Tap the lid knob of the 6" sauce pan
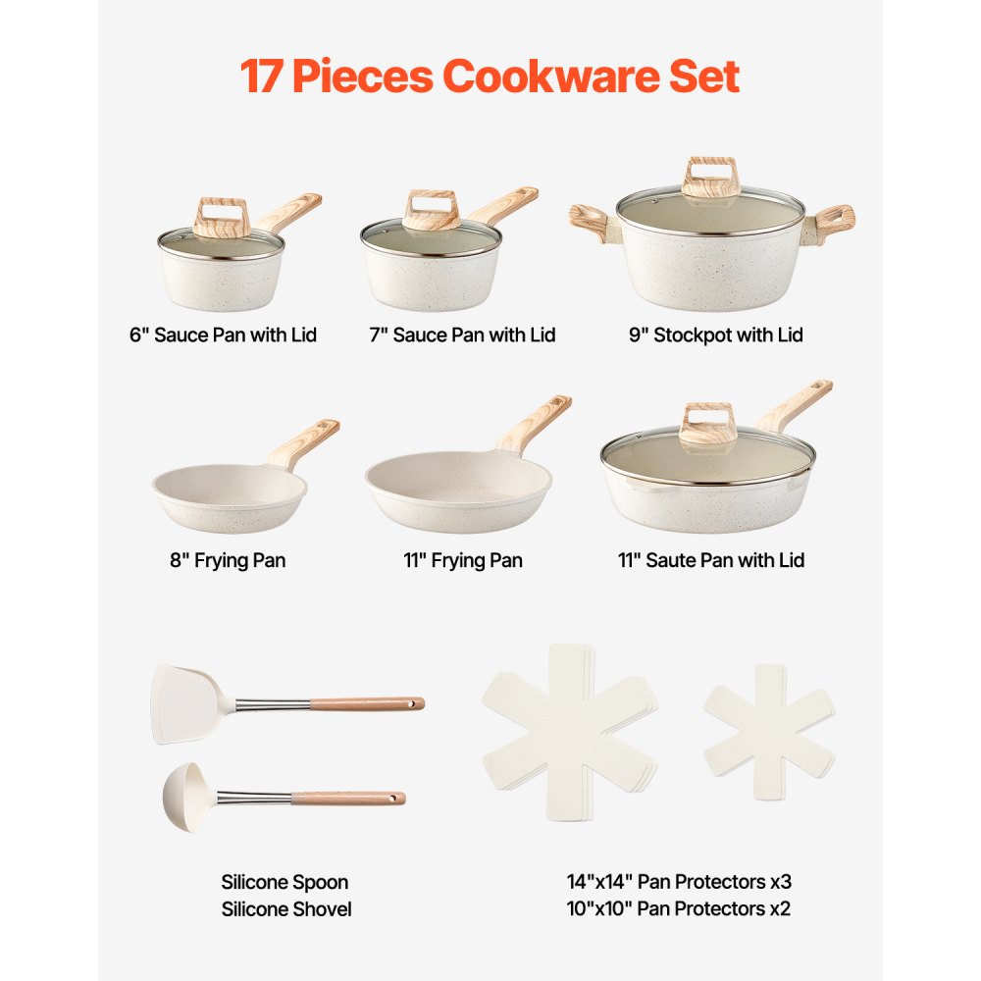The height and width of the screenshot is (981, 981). coord(221,216)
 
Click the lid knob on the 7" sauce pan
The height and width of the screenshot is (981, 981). coord(432,209)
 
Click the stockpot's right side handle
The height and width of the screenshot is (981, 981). coord(833,220)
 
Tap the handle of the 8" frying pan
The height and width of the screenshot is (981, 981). coord(303,442)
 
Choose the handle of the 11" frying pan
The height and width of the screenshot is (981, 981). coord(535,423)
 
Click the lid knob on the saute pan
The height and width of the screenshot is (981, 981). coord(706,422)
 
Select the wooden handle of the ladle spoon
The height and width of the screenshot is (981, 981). coord(348,798)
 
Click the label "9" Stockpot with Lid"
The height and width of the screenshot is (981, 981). coord(715,336)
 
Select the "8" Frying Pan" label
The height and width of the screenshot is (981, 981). coord(227,561)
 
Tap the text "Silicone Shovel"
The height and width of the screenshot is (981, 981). coord(285,909)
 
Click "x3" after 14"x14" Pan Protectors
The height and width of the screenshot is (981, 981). coord(778,882)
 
